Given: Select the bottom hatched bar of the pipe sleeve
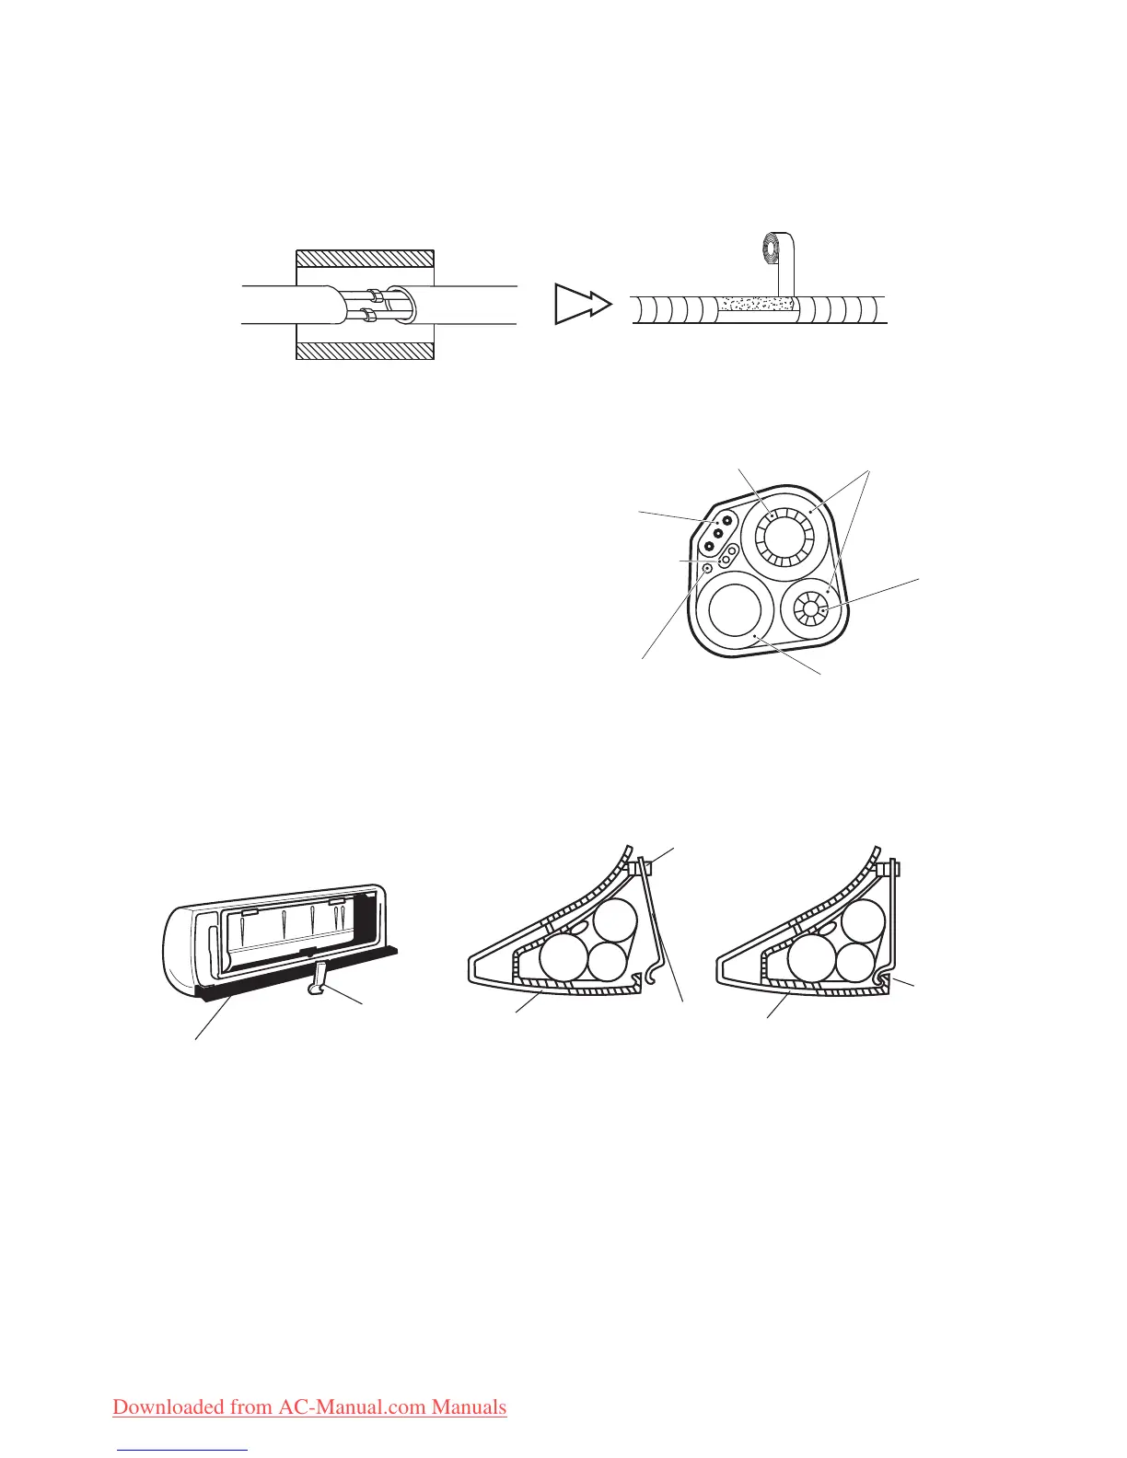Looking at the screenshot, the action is coord(365,351).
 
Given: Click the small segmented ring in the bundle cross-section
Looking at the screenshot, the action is coord(810,608).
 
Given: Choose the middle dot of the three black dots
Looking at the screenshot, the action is coord(719,534).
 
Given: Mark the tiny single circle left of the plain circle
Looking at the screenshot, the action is coord(707,569).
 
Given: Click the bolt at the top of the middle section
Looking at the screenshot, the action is coord(642,866).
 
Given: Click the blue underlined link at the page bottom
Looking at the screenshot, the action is coord(184,1451).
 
